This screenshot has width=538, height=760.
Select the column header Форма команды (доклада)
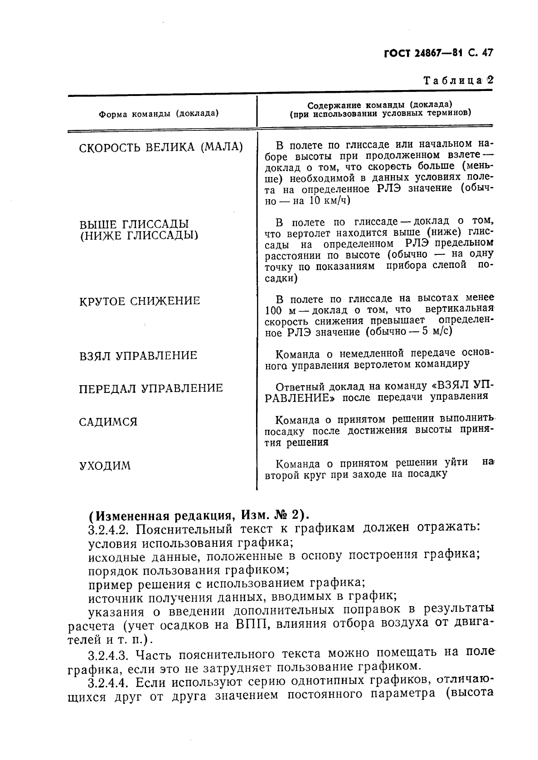coord(159,113)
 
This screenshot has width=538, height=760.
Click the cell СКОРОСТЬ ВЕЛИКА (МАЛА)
coord(161,148)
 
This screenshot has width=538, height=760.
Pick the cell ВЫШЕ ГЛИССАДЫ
coord(134,225)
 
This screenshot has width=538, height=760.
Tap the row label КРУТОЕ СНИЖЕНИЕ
coord(140,301)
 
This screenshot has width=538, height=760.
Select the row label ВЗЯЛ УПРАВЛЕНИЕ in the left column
coord(138,356)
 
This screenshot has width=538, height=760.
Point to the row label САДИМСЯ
coord(108,422)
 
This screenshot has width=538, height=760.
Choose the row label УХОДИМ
coord(105,466)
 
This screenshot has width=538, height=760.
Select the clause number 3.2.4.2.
coord(109,529)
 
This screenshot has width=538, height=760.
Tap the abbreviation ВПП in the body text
coord(252,625)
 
